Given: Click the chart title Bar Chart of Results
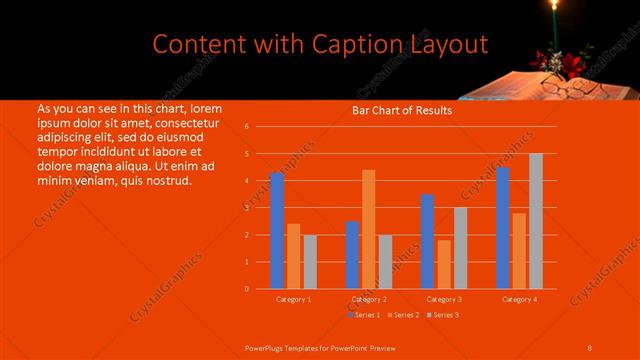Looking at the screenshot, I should (x=401, y=111).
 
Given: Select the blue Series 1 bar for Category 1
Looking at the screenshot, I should (x=277, y=230).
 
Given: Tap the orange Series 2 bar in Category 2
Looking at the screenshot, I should (x=369, y=228).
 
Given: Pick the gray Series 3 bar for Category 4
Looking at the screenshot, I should (x=536, y=220).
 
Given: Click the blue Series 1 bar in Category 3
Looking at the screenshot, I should (x=427, y=241).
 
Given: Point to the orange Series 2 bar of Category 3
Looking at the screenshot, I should (x=444, y=264).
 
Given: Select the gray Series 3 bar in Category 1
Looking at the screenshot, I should (x=310, y=261).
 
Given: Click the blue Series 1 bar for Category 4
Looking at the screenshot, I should (x=503, y=227).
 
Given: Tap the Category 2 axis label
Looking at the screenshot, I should (x=370, y=299).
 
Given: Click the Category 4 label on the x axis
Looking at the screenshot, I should (x=519, y=299).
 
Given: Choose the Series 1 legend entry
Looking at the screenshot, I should (x=364, y=315).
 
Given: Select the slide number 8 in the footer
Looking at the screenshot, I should (x=590, y=346).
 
